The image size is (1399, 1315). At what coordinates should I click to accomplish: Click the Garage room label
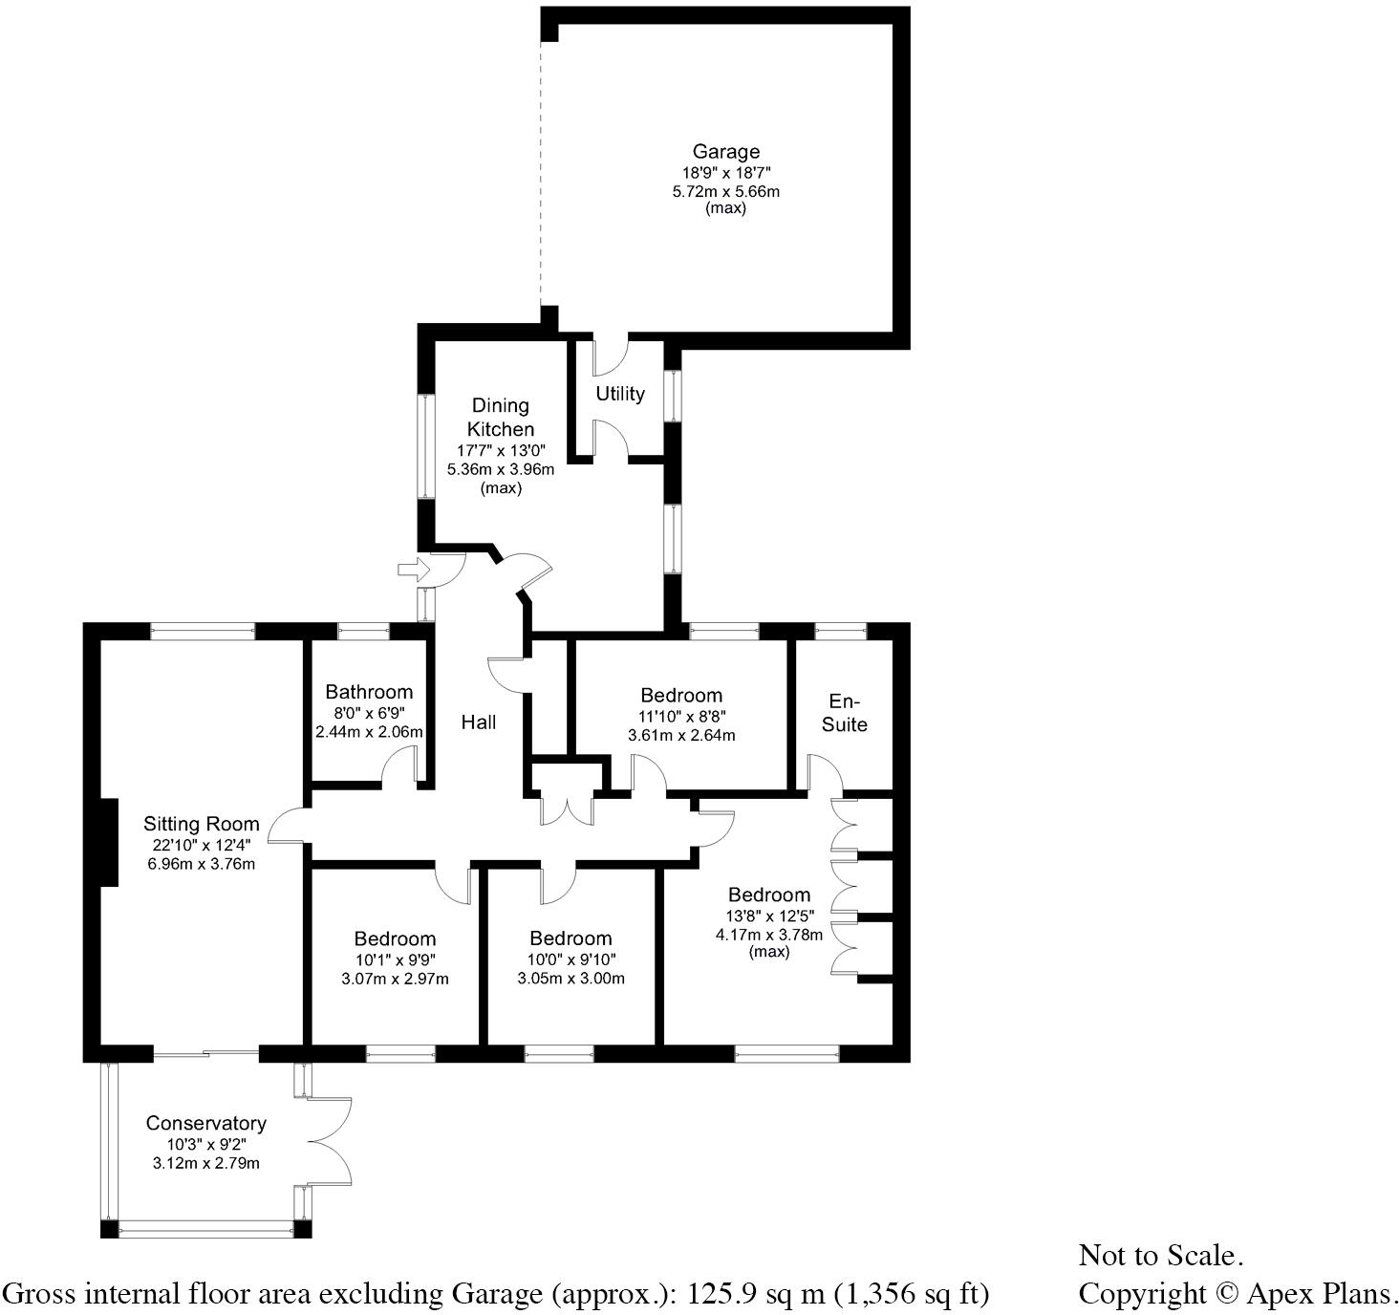tap(725, 151)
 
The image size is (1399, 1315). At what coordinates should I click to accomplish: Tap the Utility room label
tap(620, 393)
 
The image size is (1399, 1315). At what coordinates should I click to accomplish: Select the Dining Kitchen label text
tap(500, 418)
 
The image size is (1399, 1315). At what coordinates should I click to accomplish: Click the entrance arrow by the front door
tap(413, 571)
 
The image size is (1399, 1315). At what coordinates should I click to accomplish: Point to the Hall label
tap(478, 722)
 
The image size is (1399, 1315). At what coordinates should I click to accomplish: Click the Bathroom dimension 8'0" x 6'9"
tap(369, 712)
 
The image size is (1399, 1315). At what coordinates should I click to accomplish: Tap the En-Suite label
tap(845, 713)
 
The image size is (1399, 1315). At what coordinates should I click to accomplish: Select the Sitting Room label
tap(201, 824)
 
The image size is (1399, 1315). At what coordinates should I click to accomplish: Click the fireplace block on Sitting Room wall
tap(108, 841)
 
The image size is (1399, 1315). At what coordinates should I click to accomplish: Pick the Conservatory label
tap(205, 1123)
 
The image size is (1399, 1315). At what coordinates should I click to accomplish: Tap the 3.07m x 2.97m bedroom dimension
tap(395, 979)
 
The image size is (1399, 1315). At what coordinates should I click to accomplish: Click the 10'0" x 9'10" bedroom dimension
tap(570, 959)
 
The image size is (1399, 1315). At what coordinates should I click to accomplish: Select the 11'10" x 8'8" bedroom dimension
tap(681, 716)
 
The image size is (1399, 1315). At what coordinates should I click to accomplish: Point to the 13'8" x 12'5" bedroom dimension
tap(768, 916)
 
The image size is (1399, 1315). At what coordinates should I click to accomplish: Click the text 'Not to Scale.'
tap(1160, 1255)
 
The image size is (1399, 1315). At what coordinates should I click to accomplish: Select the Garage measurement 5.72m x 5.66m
tap(725, 191)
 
